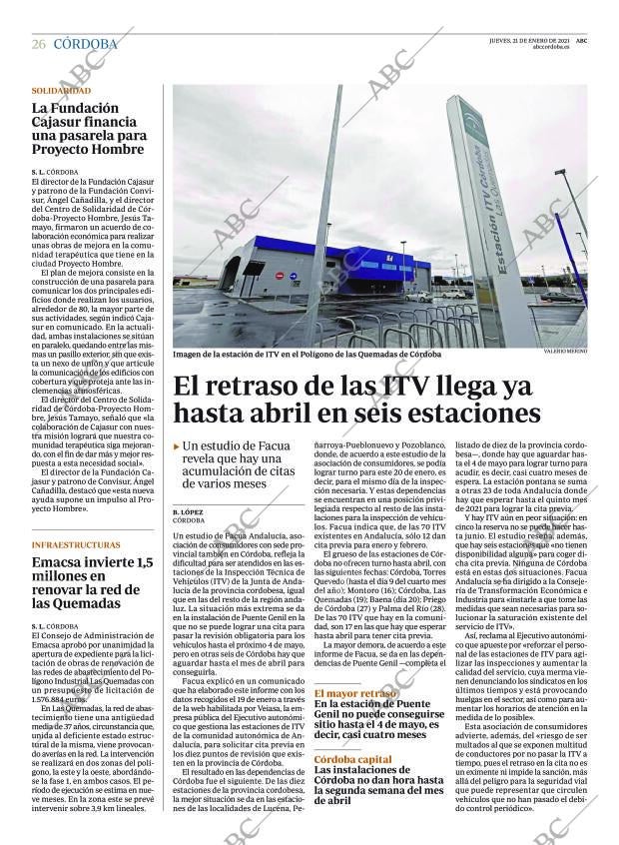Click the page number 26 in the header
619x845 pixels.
[x=38, y=44]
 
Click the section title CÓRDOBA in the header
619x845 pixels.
[x=85, y=44]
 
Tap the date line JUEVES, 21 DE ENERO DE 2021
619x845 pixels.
[x=530, y=40]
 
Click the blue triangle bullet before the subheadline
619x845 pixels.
[x=177, y=446]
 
